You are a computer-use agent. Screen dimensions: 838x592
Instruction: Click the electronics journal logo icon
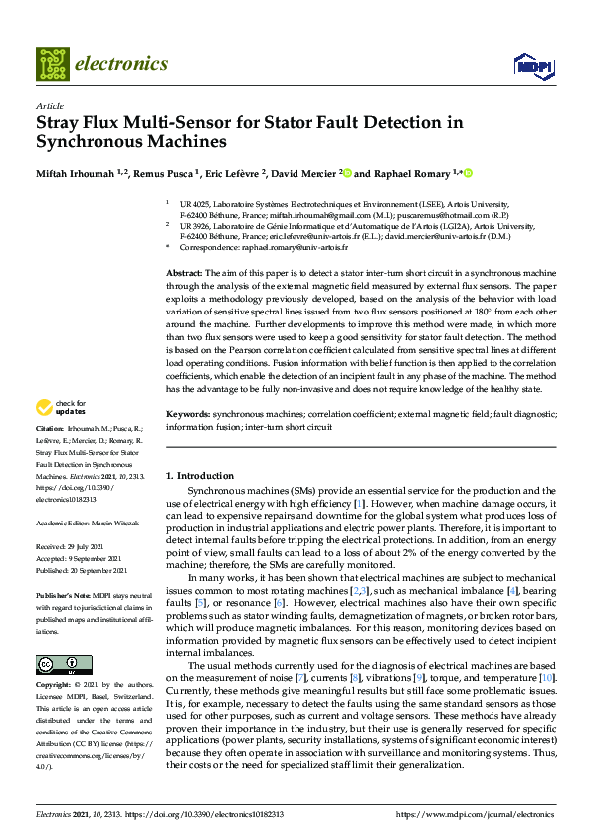53,64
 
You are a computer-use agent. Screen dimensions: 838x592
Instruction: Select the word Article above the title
49,105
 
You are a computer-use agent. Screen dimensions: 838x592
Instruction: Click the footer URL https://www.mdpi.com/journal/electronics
476,813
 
